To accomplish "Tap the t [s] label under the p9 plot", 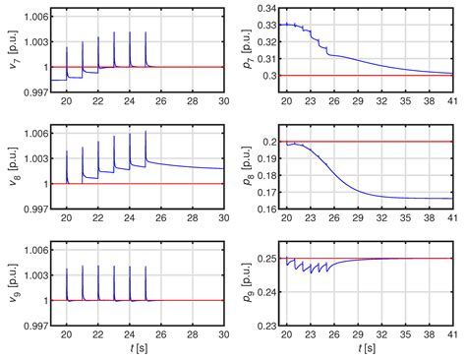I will (x=371, y=348).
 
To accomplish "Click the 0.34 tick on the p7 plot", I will (x=266, y=8).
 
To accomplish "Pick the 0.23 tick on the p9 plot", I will (x=266, y=325).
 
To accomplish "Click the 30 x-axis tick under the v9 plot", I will (x=224, y=335).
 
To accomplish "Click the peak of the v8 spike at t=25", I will (x=146, y=132).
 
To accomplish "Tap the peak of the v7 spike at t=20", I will (x=67, y=47).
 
